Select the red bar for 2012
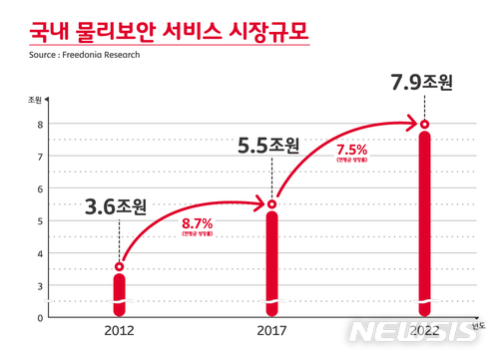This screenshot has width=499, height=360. tap(119, 290)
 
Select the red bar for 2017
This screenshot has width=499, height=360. tap(272, 259)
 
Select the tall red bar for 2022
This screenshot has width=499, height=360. tap(425, 219)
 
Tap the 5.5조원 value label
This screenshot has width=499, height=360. tap(266, 146)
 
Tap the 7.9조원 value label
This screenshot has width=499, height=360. tap(419, 81)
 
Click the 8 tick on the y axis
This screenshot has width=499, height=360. tap(39, 125)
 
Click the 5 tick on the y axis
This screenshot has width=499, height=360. tap(39, 221)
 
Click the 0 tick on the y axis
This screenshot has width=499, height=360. tap(39, 317)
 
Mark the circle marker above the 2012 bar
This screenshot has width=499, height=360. tap(119, 266)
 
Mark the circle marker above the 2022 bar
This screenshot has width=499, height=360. tap(425, 125)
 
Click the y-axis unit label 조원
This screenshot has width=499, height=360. tap(35, 100)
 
